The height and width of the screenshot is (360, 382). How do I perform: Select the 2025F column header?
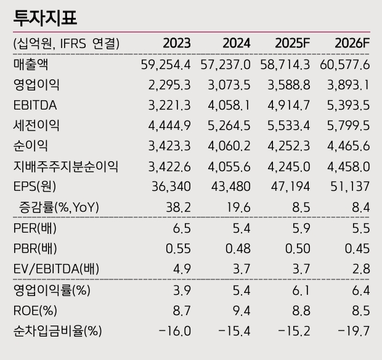click(293, 43)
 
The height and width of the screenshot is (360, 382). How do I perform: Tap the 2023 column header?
click(176, 43)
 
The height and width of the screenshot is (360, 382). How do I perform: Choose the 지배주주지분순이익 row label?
click(65, 166)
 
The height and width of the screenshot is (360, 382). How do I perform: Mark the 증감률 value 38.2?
click(179, 207)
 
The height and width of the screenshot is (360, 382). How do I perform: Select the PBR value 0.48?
click(238, 249)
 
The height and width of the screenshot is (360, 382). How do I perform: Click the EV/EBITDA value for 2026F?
click(360, 269)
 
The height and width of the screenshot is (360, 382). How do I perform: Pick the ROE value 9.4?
click(241, 311)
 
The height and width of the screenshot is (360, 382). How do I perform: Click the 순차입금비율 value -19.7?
click(354, 331)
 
